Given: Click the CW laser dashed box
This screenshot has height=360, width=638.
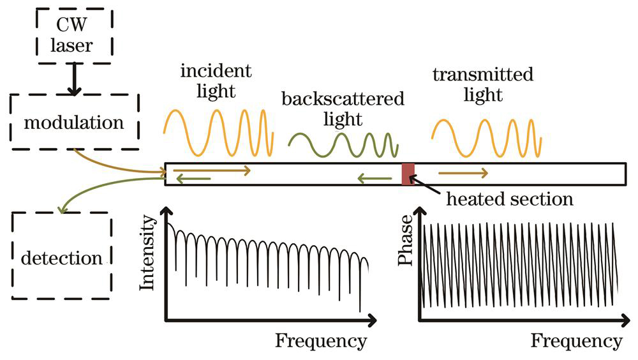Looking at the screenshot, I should [x=74, y=37].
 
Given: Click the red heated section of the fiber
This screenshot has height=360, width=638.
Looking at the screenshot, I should [x=408, y=174].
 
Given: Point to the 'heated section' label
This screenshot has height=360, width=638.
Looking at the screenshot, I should [x=509, y=199].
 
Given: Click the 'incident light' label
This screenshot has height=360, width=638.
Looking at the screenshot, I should [x=216, y=80].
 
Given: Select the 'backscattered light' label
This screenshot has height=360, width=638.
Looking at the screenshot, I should [x=343, y=109].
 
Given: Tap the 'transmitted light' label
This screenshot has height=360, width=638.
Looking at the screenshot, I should [x=482, y=84].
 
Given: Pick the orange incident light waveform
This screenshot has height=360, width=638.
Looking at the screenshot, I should [x=218, y=131].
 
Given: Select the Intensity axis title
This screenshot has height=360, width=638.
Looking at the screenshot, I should [x=147, y=253].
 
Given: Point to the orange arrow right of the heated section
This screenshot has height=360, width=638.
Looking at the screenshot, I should [x=463, y=172].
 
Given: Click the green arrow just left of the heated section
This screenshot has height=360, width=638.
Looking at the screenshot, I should [x=375, y=179].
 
